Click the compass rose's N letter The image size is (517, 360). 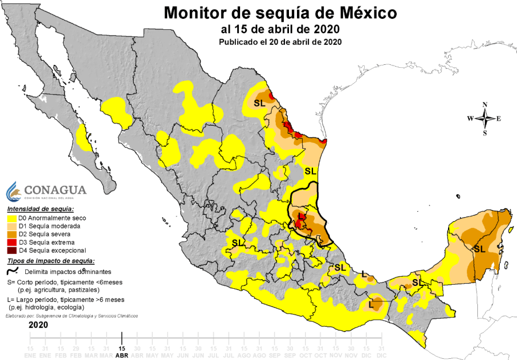pyautogui.click(x=485, y=104)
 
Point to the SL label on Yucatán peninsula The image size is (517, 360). pyautogui.click(x=479, y=249)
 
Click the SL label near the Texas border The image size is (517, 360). pyautogui.click(x=259, y=103)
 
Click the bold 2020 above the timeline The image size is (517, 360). pyautogui.click(x=38, y=325)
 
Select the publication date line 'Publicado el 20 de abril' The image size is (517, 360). pyautogui.click(x=280, y=42)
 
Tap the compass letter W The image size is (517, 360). pyautogui.click(x=470, y=119)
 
